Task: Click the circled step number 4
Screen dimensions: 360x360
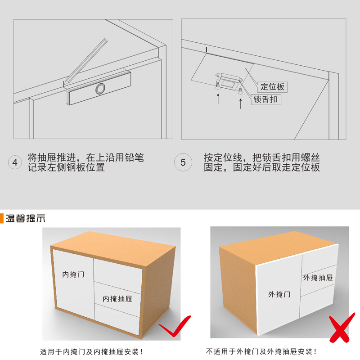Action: tap(15, 162)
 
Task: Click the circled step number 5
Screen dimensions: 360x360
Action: tap(183, 162)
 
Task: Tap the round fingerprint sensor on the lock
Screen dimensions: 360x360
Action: tap(100, 89)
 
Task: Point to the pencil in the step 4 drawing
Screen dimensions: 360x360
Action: tap(85, 61)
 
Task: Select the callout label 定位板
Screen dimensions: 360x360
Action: tap(272, 87)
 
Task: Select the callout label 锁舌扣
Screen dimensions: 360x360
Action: tap(266, 99)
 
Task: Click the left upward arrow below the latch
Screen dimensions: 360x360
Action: tap(218, 99)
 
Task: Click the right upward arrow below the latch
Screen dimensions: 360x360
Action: tap(240, 104)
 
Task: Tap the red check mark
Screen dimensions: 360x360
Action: tap(175, 326)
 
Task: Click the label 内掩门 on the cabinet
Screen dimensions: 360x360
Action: tap(73, 274)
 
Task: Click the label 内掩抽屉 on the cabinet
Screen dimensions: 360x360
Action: tap(117, 299)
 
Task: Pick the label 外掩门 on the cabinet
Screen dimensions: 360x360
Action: tap(279, 294)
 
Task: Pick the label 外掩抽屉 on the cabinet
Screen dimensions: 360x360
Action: tap(318, 278)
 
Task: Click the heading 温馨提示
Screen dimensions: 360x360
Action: tap(25, 218)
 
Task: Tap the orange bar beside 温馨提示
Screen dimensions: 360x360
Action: tap(2, 218)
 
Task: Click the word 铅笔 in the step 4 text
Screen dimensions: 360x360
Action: tap(134, 157)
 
